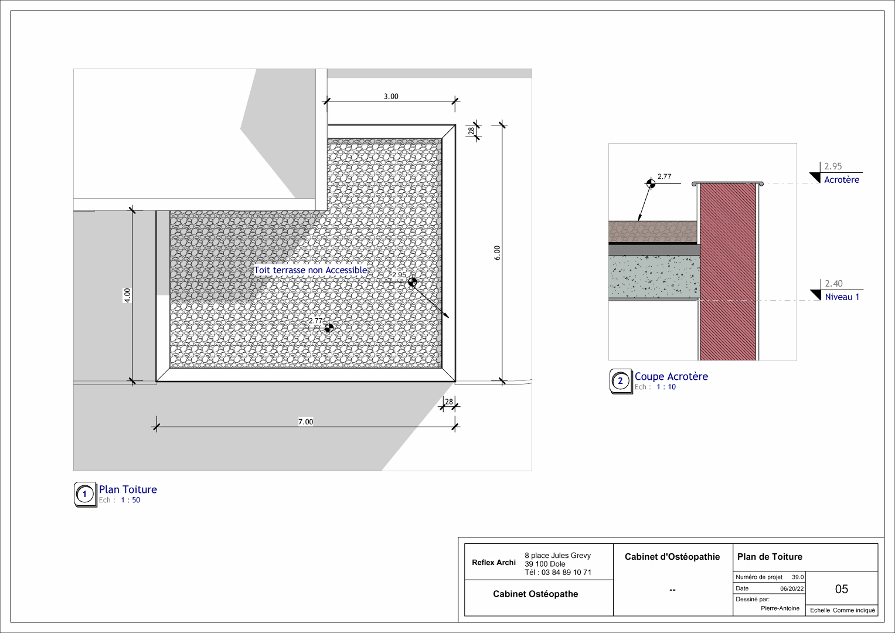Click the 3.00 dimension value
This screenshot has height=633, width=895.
(x=391, y=96)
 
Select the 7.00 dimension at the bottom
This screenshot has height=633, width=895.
(x=305, y=421)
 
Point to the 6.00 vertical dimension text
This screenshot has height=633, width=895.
(x=497, y=253)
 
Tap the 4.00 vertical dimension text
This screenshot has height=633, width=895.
(x=127, y=295)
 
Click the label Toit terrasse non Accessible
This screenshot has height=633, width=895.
(x=311, y=270)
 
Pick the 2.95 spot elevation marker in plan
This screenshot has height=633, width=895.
(x=413, y=282)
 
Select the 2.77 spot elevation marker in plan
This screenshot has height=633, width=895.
(x=329, y=328)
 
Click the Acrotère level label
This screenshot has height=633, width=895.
(x=842, y=180)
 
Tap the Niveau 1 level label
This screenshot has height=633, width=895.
(x=842, y=297)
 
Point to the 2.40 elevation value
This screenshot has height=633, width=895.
(x=833, y=284)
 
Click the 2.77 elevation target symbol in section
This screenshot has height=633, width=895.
(x=651, y=183)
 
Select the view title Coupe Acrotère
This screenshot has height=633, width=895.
(x=671, y=376)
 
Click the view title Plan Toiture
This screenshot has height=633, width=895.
(x=128, y=489)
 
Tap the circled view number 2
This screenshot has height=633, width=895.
(x=620, y=381)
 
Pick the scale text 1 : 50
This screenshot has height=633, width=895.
(x=130, y=500)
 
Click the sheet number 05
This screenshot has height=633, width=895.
(x=841, y=589)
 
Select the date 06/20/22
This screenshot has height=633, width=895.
(x=792, y=588)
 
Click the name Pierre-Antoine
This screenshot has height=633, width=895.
(x=780, y=608)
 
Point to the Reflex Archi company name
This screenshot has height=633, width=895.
(x=494, y=563)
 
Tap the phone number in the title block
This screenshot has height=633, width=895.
(x=558, y=572)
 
